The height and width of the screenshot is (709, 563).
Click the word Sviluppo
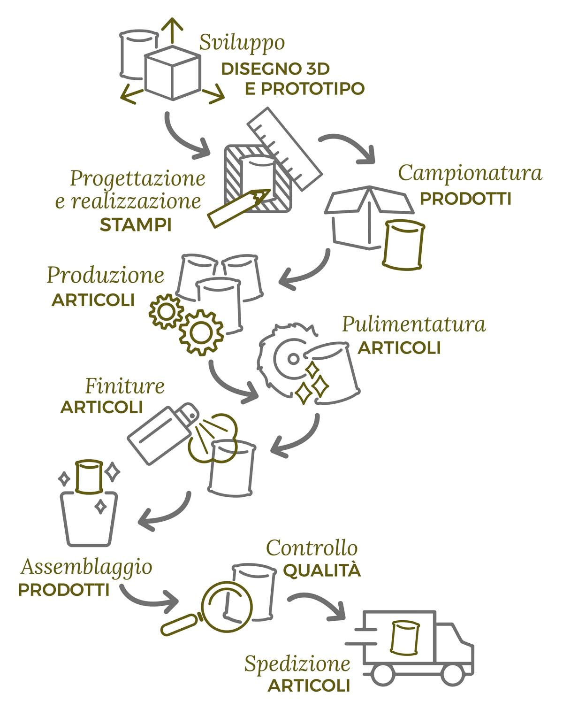242,43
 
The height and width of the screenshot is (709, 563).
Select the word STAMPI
136,225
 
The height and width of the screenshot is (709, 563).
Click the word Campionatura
470,173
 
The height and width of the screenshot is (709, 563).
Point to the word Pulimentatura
413,324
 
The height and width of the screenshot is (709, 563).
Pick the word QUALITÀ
322,571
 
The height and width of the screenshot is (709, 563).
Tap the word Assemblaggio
86,567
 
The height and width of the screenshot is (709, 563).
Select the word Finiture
125,386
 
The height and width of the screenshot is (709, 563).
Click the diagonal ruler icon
285,148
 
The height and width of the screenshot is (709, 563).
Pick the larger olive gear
201,332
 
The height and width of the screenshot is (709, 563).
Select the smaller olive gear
166,311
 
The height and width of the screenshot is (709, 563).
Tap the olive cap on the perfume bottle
89,477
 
